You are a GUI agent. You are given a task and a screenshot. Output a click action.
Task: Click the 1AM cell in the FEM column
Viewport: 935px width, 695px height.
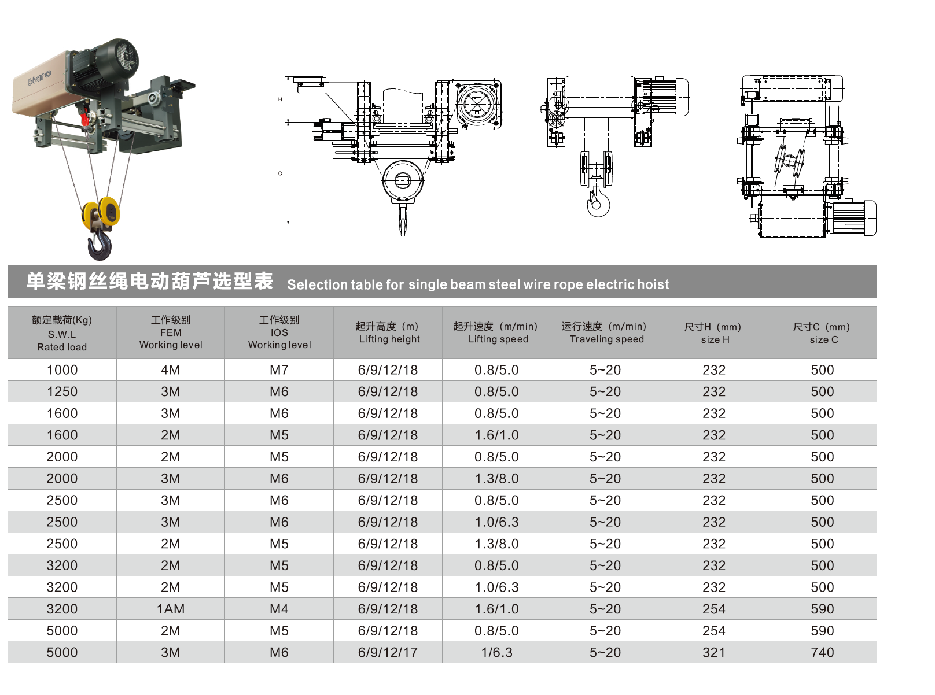[170, 609]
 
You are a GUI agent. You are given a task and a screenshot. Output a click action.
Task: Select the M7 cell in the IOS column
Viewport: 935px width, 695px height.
[279, 370]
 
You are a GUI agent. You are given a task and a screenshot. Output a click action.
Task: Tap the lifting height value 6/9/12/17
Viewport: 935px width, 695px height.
[388, 652]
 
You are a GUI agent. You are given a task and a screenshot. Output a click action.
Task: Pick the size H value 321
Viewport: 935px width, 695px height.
[713, 652]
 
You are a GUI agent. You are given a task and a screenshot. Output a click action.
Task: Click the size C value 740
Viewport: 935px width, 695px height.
[822, 652]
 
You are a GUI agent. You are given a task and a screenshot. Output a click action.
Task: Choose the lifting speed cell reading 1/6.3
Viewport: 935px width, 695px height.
[496, 652]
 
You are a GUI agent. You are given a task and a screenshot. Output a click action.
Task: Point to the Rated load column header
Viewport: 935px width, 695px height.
[62, 333]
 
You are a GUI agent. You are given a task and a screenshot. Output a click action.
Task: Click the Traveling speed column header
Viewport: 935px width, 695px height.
[605, 333]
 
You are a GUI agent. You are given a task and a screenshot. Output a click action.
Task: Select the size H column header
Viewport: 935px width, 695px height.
[713, 333]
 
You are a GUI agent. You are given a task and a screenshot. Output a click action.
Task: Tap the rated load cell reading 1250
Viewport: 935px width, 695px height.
[62, 391]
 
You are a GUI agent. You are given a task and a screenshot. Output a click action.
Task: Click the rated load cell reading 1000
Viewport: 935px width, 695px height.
[62, 370]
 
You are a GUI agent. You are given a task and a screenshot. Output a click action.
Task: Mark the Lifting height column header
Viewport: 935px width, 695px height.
[388, 333]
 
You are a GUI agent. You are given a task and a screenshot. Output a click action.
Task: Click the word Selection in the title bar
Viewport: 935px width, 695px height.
[316, 284]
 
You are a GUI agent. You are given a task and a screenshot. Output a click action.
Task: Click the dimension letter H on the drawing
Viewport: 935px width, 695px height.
[280, 99]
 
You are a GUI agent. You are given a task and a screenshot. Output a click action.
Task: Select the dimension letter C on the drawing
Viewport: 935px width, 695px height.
[280, 173]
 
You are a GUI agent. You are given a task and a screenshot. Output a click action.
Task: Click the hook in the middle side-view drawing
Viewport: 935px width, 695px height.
[598, 204]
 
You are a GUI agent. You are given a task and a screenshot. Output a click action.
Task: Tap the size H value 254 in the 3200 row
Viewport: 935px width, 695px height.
[713, 609]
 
